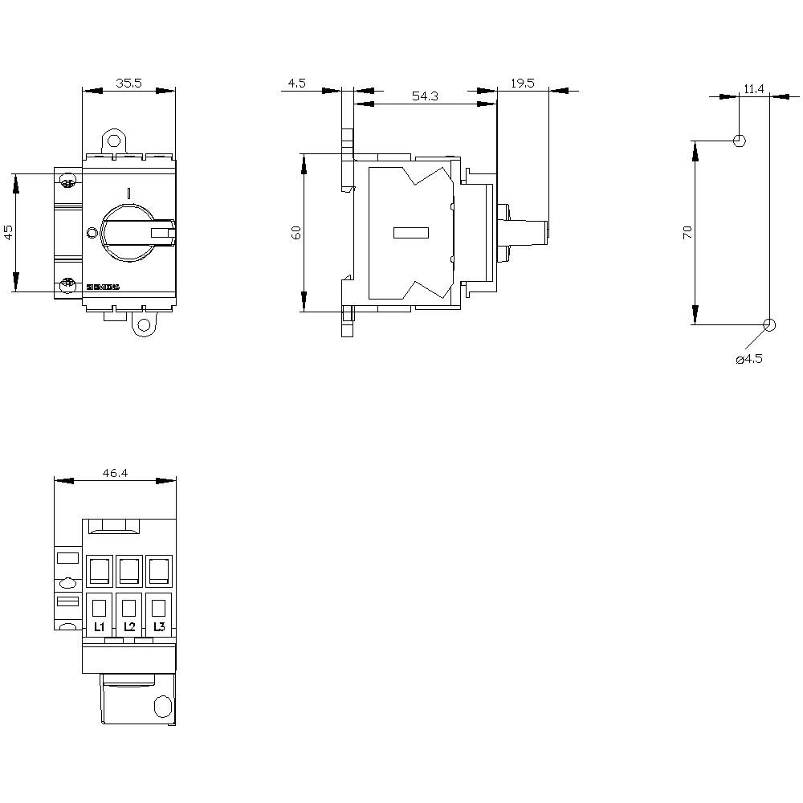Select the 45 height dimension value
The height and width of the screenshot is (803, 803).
pyautogui.click(x=9, y=232)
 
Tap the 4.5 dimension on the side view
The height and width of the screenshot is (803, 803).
pyautogui.click(x=296, y=83)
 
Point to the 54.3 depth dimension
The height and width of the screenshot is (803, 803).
pyautogui.click(x=425, y=96)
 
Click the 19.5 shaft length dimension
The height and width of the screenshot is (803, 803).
pyautogui.click(x=523, y=83)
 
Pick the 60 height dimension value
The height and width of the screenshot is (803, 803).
pyautogui.click(x=296, y=232)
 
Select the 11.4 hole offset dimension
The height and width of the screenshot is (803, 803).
pyautogui.click(x=753, y=88)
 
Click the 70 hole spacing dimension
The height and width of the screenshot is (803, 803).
pyautogui.click(x=687, y=232)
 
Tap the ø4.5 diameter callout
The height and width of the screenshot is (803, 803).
pyautogui.click(x=748, y=359)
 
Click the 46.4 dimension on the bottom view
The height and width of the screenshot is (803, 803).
pyautogui.click(x=115, y=473)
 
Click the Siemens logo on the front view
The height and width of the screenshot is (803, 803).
pyautogui.click(x=102, y=287)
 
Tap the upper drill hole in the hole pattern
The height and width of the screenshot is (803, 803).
pyautogui.click(x=740, y=141)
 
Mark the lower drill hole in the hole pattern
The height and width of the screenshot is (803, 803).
pyautogui.click(x=768, y=324)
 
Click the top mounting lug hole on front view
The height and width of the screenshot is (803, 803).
pyautogui.click(x=114, y=139)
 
